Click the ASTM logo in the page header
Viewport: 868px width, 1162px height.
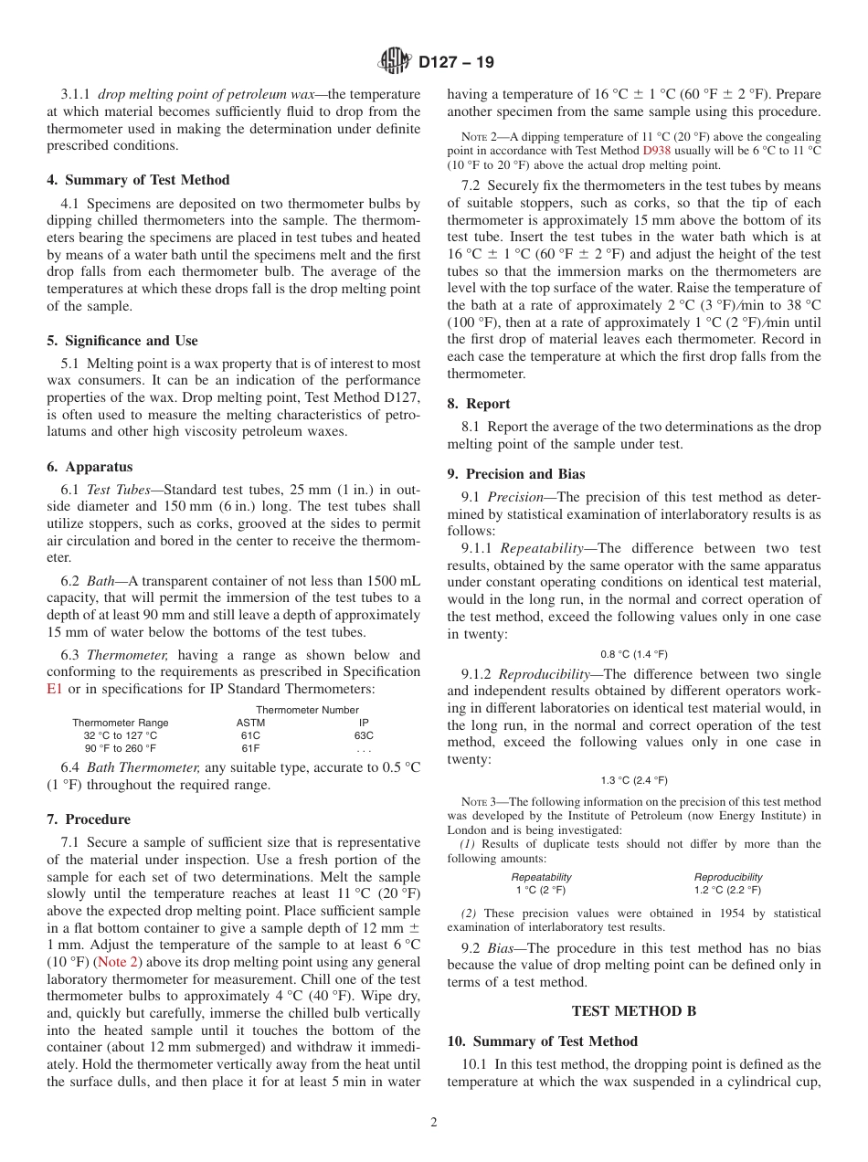[395, 62]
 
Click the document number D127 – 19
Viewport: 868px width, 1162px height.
[456, 63]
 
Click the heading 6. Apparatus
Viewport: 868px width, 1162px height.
[90, 467]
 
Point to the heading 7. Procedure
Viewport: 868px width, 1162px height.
[89, 819]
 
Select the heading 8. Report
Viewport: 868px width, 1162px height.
[479, 404]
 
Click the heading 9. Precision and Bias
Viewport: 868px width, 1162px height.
[516, 474]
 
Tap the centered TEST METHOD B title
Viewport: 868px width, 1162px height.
[634, 1010]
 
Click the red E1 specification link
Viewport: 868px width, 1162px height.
[55, 689]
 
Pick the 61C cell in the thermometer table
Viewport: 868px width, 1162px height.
[250, 735]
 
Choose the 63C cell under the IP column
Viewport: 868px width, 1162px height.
[364, 735]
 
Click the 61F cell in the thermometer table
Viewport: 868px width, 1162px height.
[250, 748]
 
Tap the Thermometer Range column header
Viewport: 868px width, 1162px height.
[120, 723]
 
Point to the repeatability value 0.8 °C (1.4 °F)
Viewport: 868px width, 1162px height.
[634, 654]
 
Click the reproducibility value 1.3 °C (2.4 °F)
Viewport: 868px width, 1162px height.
[634, 780]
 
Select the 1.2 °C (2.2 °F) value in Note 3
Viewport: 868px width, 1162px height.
[727, 890]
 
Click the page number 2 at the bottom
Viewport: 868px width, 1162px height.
[434, 1123]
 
